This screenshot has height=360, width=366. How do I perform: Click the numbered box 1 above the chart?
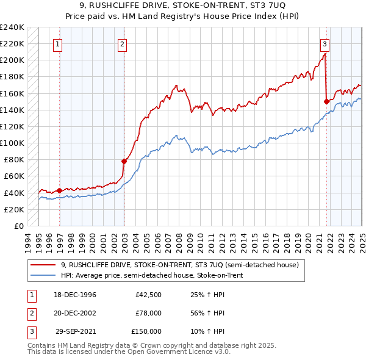(57, 43)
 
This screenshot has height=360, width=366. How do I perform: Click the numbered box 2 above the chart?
(122, 43)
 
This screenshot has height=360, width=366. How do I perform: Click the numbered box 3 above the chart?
(325, 43)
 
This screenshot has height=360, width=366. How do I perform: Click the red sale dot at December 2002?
(124, 161)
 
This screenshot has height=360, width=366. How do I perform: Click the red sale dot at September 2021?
(326, 101)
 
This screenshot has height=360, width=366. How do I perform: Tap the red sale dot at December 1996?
(60, 190)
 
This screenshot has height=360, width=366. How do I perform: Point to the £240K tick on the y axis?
(12, 27)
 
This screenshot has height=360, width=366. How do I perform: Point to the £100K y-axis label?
(12, 143)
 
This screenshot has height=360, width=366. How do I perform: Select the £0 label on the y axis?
(18, 226)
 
